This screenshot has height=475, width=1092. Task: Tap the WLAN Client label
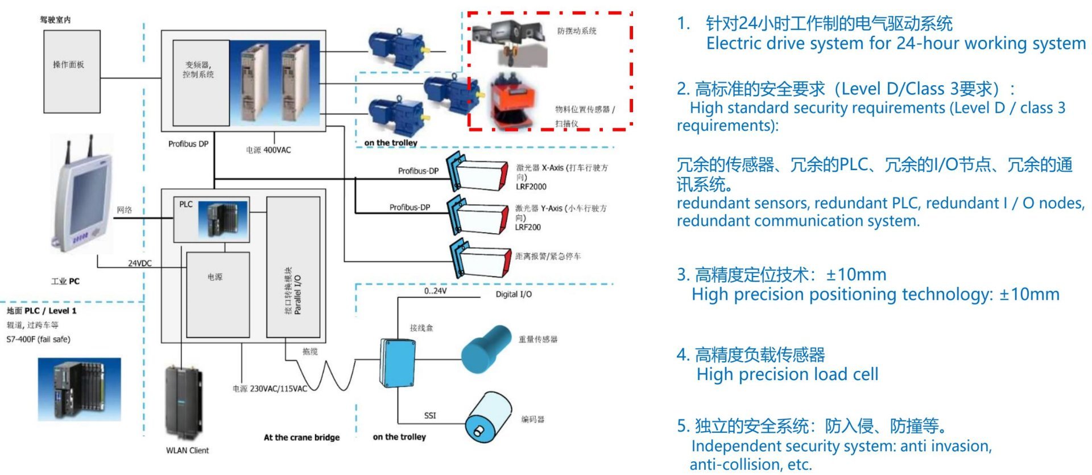coord(187,451)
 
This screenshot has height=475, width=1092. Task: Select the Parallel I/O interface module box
coord(293,267)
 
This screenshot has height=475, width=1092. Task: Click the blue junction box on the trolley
coord(398,364)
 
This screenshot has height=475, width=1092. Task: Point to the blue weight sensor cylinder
coord(486,348)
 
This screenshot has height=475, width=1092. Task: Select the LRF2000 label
coord(531,187)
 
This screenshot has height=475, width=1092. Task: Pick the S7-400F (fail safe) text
coord(39,340)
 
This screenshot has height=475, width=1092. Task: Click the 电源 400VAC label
coord(268,150)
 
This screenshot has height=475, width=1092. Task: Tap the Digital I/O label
coord(513,294)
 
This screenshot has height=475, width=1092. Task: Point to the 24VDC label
coord(139,263)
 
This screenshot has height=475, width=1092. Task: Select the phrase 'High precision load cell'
coord(787,374)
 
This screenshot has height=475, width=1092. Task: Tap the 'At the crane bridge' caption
coord(301,437)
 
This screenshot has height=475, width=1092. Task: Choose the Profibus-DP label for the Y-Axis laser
coord(409,208)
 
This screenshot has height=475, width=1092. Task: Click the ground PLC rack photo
coord(79,390)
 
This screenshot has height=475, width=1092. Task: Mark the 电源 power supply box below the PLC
coord(218,294)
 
